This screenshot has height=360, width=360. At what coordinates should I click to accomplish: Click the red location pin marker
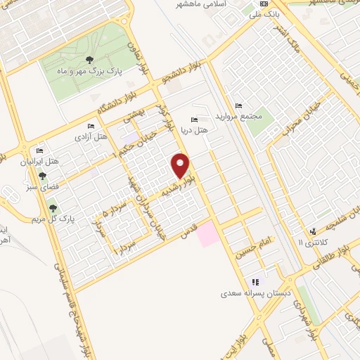[181, 165]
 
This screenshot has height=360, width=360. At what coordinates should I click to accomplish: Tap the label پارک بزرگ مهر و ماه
[90, 71]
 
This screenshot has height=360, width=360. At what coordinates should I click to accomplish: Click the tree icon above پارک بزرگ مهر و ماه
[89, 59]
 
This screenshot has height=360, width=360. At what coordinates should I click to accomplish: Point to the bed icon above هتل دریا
[195, 120]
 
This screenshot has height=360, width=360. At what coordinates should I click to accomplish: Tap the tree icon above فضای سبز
[42, 176]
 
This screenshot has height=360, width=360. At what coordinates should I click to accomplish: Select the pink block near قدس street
[208, 233]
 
